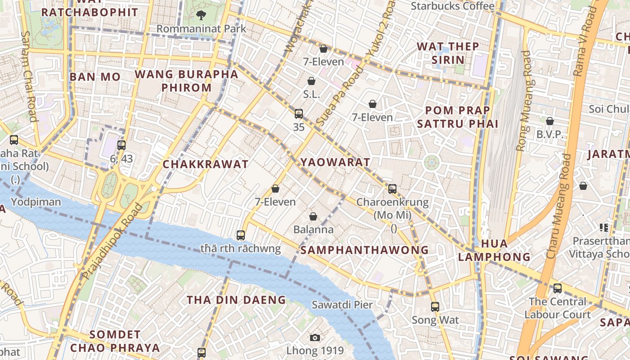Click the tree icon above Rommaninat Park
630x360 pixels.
click(x=201, y=15)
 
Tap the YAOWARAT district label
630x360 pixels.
click(x=335, y=162)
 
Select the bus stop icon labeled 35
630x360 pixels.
click(x=299, y=114)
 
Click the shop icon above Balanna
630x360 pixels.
click(x=313, y=216)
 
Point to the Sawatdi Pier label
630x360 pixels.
click(x=342, y=305)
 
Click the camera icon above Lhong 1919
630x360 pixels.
click(x=315, y=337)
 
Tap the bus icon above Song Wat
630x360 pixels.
click(x=435, y=307)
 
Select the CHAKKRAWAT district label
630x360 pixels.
click(x=205, y=164)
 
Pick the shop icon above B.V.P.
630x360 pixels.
click(x=549, y=121)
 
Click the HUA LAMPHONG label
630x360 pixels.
click(x=494, y=250)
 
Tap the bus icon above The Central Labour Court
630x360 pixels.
click(x=557, y=288)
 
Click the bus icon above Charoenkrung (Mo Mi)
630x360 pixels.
click(x=392, y=189)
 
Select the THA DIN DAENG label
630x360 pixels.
click(x=236, y=300)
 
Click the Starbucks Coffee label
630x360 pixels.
click(x=452, y=6)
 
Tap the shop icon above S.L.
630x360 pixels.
click(x=311, y=81)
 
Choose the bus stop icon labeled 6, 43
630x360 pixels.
click(x=121, y=145)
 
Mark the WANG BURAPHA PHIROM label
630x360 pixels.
click(x=186, y=81)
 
